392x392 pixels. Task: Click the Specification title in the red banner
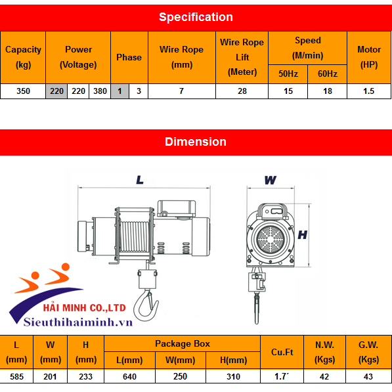196,17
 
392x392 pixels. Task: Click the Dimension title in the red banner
196,142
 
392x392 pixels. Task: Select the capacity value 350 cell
23,91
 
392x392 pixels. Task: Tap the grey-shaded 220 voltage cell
56,91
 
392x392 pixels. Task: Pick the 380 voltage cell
100,91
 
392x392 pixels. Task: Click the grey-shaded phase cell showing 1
120,91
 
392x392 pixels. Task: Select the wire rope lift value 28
242,91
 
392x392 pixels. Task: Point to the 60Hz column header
328,74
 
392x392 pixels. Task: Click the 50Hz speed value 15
288,91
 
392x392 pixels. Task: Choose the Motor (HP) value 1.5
369,91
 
